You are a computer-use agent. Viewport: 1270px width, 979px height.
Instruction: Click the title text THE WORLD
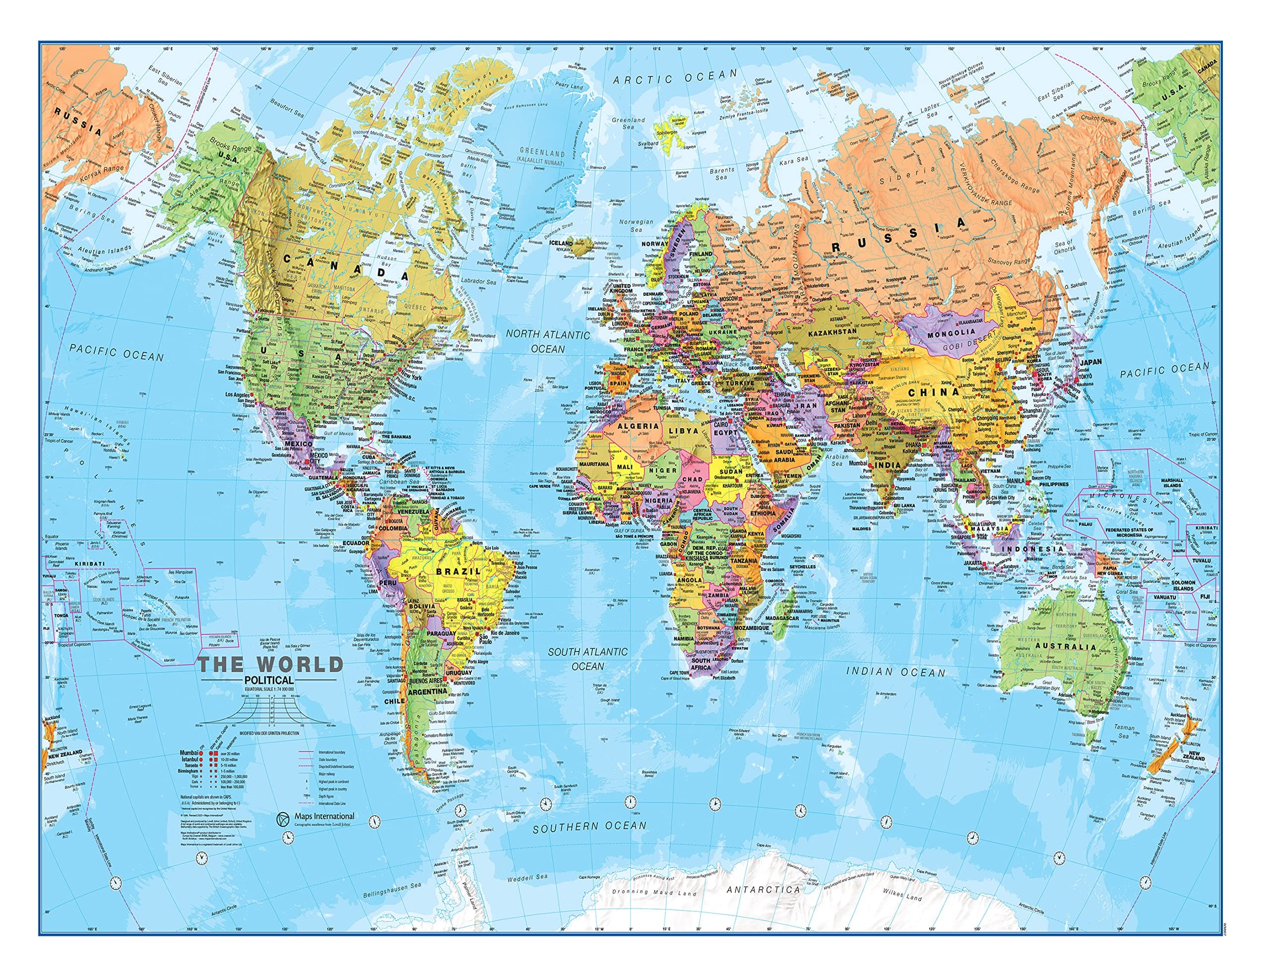(270, 664)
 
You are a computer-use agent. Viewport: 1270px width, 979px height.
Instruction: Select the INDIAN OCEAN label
(895, 672)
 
